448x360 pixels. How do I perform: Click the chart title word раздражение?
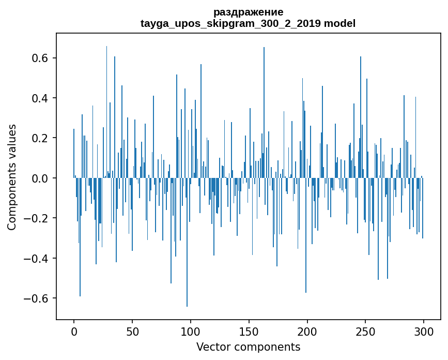pos(248,12)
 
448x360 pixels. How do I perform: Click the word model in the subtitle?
pos(339,23)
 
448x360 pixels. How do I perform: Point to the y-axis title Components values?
pos(12,177)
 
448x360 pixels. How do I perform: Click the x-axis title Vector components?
pos(248,347)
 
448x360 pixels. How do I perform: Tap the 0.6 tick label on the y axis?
pos(38,58)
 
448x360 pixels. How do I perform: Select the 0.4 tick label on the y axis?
pos(38,98)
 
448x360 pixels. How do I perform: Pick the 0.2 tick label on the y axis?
pos(38,138)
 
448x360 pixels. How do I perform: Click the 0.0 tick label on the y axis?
pos(38,178)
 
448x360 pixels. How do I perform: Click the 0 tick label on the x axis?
pos(74,331)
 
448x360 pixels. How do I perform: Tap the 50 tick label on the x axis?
pos(132,331)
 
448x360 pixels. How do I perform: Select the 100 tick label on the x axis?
pos(191,331)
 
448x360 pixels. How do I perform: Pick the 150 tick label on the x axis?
pos(249,331)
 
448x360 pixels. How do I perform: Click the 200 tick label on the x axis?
pos(307,331)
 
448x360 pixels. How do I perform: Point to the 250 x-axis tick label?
pos(366,331)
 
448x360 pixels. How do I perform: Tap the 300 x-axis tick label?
pos(424,331)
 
